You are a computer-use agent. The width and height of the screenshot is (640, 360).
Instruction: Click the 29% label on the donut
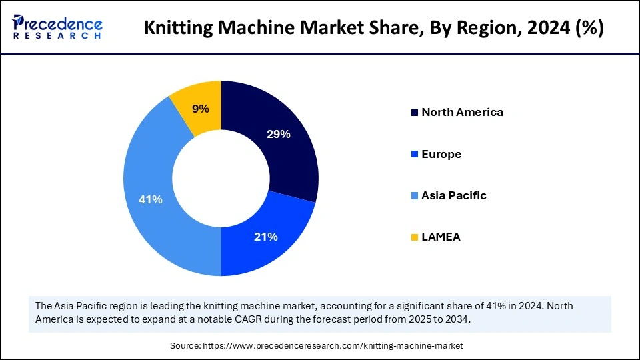pos(278,134)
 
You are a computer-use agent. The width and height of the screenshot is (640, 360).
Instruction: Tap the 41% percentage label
pos(151,199)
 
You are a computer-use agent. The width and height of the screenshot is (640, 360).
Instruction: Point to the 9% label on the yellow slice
pos(201,109)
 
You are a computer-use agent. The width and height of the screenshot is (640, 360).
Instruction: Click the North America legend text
pos(462,112)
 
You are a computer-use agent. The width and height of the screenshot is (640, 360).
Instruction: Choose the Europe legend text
pos(441,154)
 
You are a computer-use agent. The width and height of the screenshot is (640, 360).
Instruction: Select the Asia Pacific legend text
pos(454,195)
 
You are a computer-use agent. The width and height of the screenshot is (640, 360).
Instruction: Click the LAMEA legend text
pos(442,237)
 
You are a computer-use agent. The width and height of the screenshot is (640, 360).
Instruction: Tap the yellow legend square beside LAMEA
pos(415,237)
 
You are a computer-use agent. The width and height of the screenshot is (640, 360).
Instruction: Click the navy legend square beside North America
pos(415,112)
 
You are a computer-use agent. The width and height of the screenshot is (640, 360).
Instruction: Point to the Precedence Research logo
pos(57,27)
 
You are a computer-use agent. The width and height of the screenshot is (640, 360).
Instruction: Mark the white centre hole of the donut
pos(221,179)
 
